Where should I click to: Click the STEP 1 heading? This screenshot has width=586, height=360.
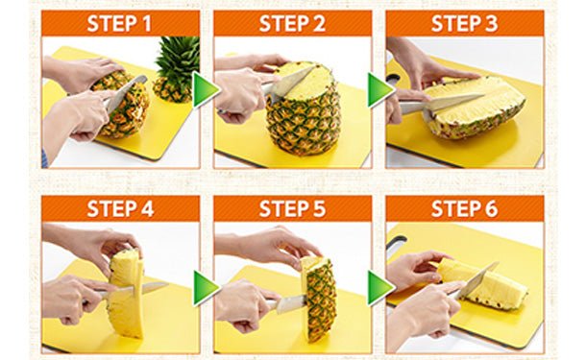pos(119,24)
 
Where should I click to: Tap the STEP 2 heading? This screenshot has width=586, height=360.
pos(292,24)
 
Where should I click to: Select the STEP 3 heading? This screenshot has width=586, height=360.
pos(465,24)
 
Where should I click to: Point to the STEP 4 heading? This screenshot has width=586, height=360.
pos(120,208)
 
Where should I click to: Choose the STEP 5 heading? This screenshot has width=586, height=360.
pos(292,208)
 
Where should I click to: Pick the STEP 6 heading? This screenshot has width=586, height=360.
pos(465,208)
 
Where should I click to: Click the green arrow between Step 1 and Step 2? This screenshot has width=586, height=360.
pos(206,90)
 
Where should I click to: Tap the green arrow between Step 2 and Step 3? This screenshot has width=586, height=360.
pos(380,90)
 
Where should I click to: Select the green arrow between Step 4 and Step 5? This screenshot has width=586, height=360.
pos(206,288)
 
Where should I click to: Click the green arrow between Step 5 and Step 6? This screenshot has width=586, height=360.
pos(380,288)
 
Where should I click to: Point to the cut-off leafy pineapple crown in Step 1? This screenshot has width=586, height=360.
pos(176,69)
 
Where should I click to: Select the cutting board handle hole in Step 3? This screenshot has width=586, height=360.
pos(393,79)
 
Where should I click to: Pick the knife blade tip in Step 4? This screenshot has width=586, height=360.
pos(167,284)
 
